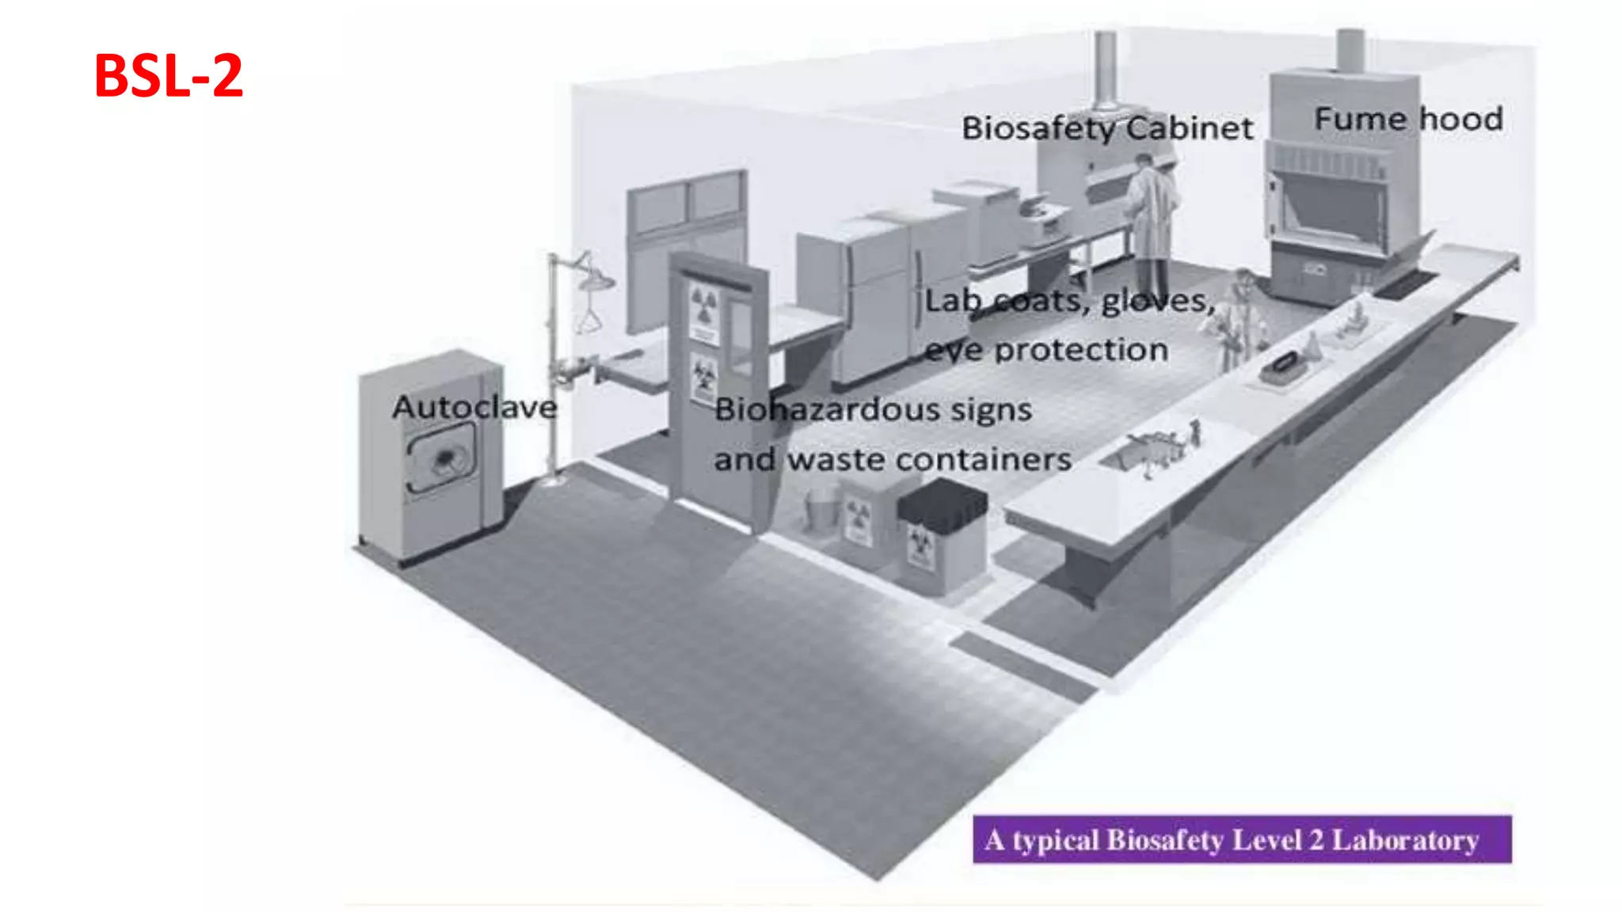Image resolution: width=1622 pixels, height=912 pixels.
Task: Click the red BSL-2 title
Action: [x=168, y=76]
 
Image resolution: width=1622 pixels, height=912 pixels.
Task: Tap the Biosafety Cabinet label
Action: [x=1107, y=128]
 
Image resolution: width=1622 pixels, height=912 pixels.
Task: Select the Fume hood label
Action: [x=1408, y=119]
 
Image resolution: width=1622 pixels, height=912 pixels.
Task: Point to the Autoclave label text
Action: [x=474, y=408]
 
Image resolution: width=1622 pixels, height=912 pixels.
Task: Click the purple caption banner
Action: [x=1241, y=839]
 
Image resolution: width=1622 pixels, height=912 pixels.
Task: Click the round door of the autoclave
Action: [x=442, y=458]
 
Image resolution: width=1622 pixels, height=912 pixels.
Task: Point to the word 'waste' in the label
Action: [x=835, y=459]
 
